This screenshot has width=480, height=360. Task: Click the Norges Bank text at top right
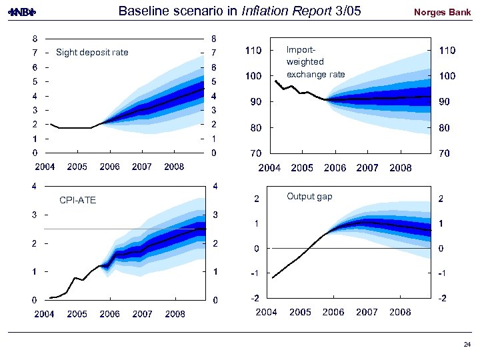click(442, 12)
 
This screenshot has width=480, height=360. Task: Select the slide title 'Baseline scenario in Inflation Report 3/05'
click(243, 11)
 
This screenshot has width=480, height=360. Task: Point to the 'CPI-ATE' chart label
click(77, 200)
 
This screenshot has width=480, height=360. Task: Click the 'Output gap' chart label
click(309, 196)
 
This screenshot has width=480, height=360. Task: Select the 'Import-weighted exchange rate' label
click(315, 62)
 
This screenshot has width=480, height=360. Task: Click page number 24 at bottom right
click(466, 345)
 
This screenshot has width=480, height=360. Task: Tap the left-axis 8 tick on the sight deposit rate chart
click(35, 39)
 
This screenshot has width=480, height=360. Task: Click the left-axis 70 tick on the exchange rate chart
click(255, 153)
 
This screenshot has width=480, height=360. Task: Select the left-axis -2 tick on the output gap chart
click(254, 298)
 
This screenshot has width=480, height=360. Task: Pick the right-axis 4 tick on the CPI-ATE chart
click(214, 186)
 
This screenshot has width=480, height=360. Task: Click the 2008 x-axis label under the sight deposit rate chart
click(175, 167)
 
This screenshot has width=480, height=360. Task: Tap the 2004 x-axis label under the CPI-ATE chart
click(45, 313)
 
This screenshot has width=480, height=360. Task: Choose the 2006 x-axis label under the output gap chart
click(333, 312)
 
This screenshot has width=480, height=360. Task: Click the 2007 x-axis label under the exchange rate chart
click(367, 168)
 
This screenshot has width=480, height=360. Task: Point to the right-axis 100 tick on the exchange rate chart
click(447, 77)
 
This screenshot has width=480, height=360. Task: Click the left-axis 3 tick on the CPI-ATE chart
click(35, 215)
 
